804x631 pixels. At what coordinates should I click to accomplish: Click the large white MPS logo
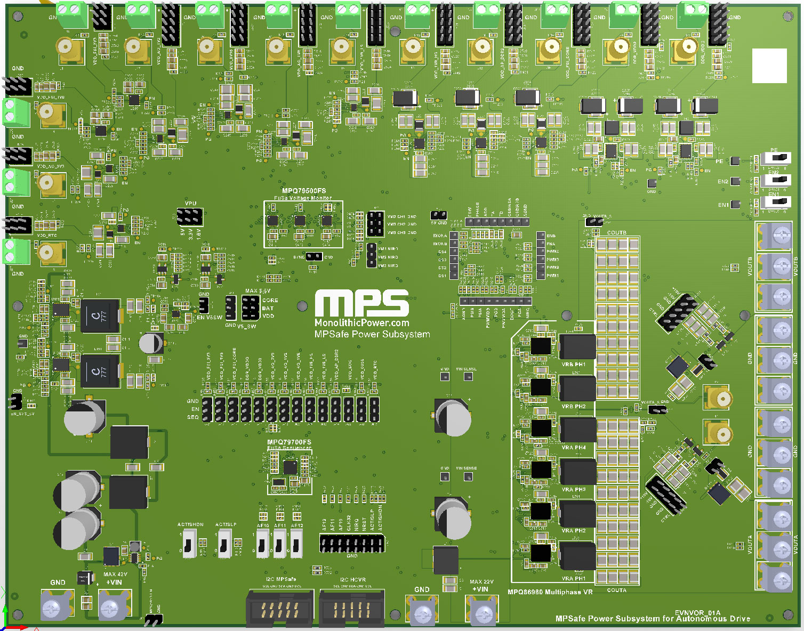(361, 303)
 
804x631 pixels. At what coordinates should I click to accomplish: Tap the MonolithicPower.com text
(361, 323)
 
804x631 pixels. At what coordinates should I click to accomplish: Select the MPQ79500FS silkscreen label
(303, 191)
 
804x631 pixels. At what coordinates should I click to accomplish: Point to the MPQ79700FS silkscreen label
(289, 442)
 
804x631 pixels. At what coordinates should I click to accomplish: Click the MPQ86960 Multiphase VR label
(550, 592)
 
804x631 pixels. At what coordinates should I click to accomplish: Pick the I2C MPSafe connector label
(280, 579)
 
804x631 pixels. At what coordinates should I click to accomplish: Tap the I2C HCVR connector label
(352, 579)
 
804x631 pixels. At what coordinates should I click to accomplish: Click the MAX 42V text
(115, 575)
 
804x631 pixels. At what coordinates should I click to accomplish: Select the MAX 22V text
(481, 582)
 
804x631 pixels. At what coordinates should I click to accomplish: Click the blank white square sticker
(769, 66)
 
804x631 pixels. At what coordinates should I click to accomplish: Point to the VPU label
(190, 204)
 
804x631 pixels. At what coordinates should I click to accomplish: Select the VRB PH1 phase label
(573, 365)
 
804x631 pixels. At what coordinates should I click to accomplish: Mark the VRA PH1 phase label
(573, 578)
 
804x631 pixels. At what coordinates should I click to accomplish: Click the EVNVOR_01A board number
(697, 613)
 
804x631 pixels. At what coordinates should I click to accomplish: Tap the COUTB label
(616, 233)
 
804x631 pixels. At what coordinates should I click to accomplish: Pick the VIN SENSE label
(467, 468)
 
